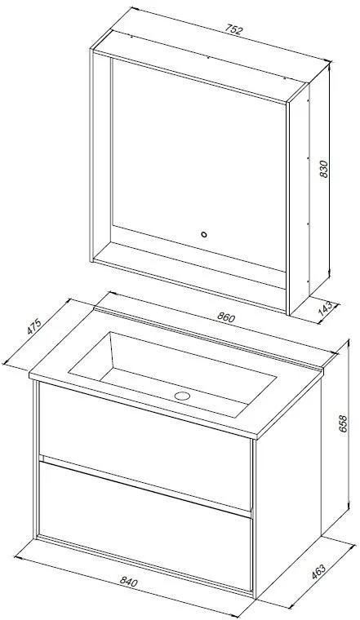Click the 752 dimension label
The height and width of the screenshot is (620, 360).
click(x=233, y=30)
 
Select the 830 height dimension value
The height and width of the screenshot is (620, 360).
click(x=323, y=169)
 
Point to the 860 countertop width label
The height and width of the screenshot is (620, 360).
click(x=226, y=317)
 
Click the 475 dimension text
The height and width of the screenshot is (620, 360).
click(x=34, y=326)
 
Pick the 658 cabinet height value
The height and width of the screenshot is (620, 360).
click(x=343, y=423)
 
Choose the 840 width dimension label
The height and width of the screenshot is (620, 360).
click(x=128, y=582)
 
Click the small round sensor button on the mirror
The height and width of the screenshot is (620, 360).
click(x=204, y=234)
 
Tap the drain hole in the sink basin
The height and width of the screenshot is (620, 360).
click(x=182, y=396)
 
